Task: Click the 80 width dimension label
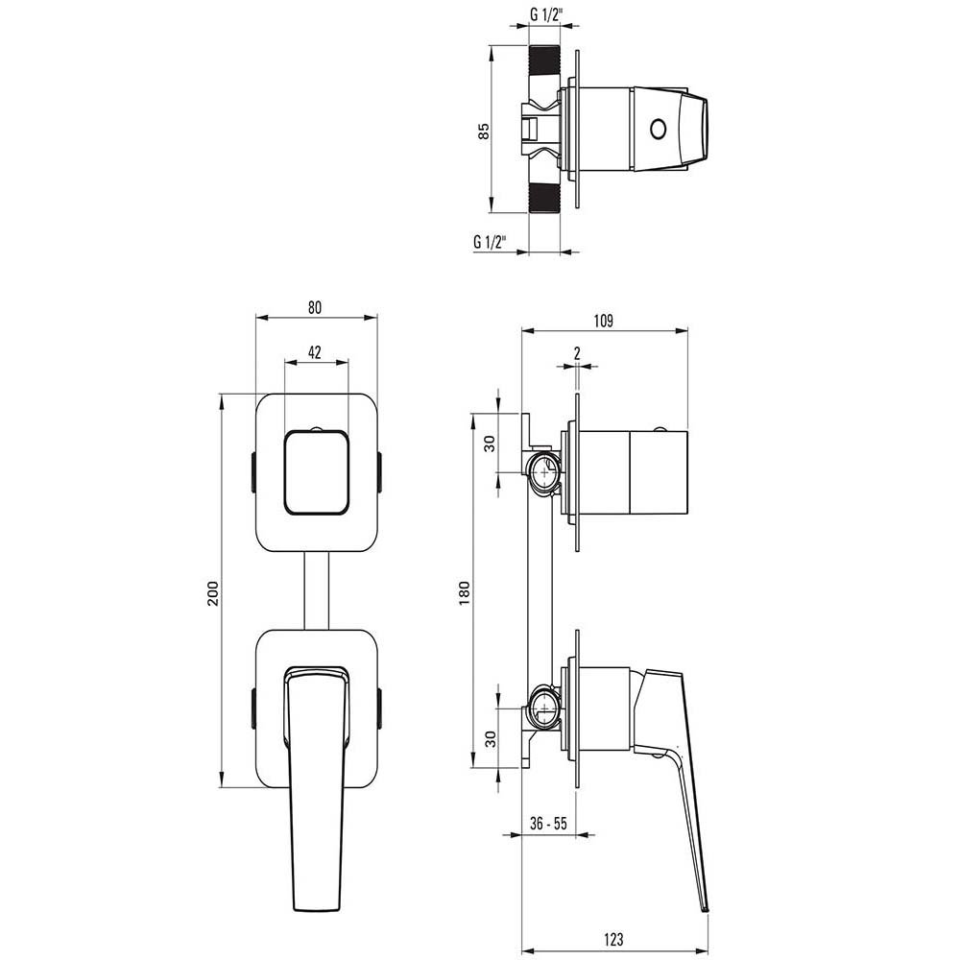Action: (314, 307)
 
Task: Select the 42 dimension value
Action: (315, 352)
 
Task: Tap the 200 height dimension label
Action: (212, 593)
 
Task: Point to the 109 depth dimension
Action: (603, 321)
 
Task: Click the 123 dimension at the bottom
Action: (612, 939)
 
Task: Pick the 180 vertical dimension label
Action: (464, 593)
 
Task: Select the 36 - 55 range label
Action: (548, 824)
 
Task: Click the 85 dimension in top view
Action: (484, 131)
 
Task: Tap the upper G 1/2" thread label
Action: (546, 15)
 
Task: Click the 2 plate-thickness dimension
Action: (577, 352)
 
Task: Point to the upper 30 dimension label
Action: (490, 444)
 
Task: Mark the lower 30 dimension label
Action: (491, 739)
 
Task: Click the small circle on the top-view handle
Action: (659, 130)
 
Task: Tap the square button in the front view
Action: (317, 472)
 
